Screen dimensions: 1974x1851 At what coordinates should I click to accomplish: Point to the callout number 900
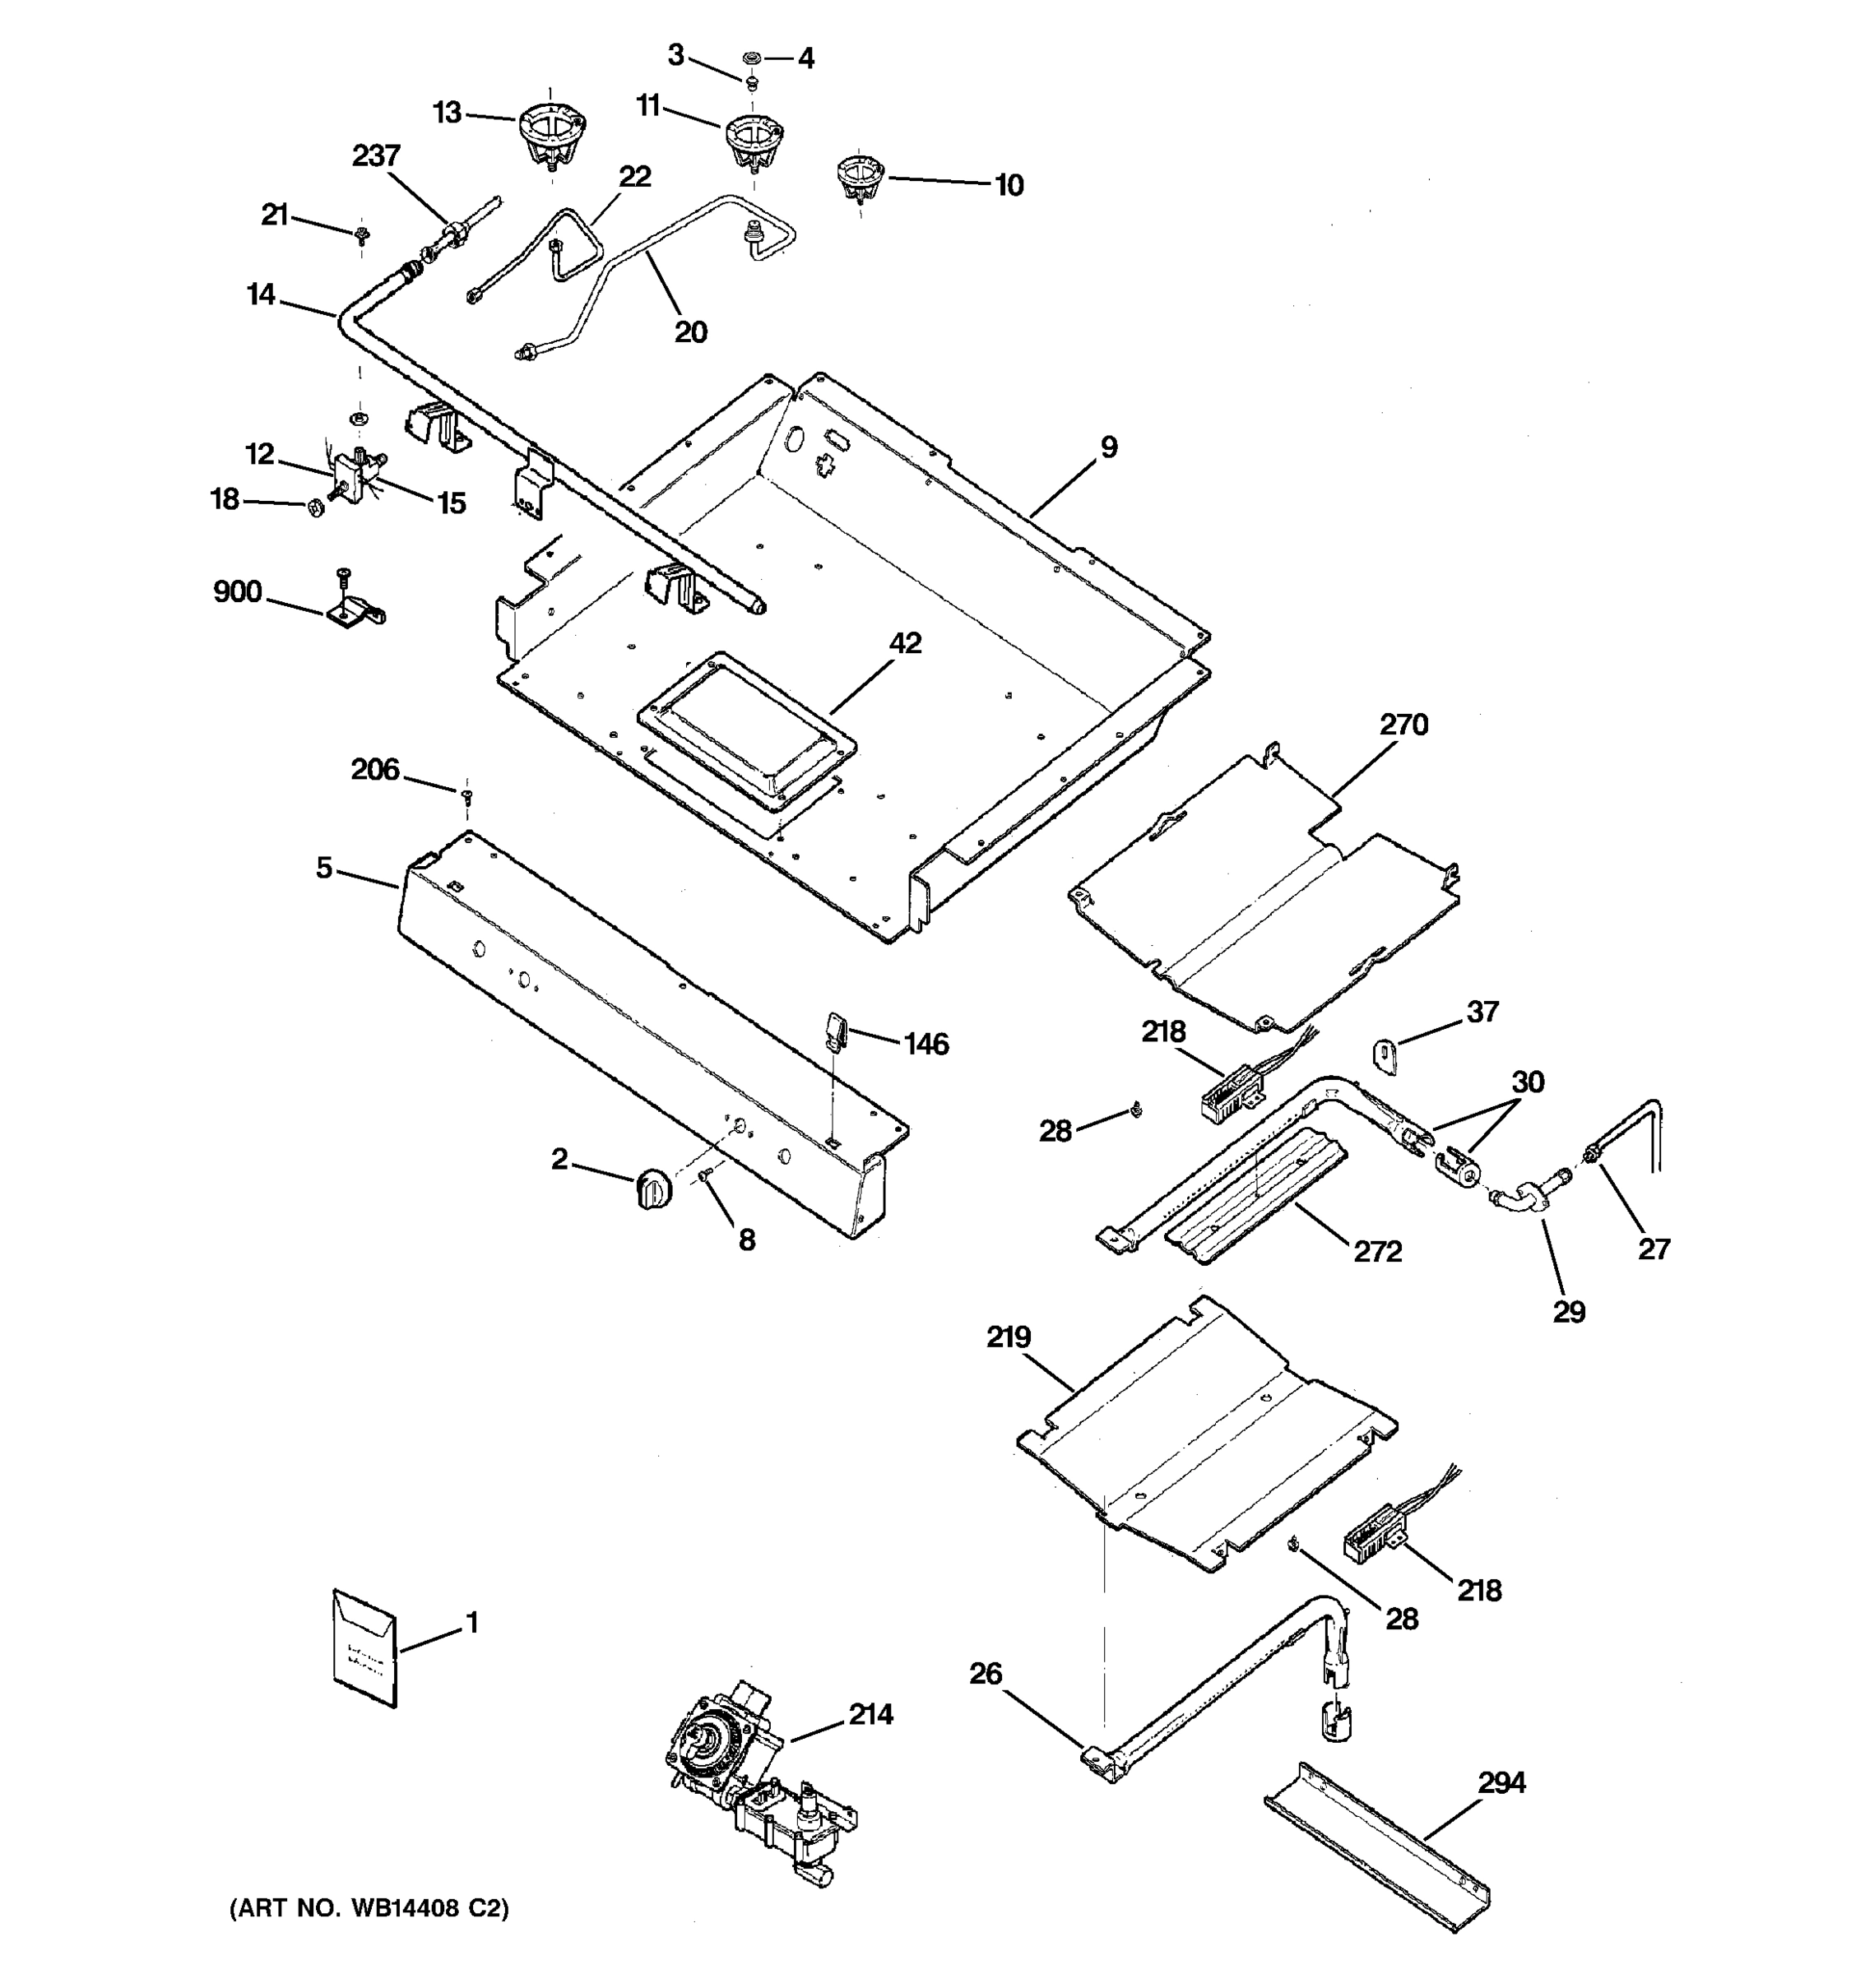pos(237,592)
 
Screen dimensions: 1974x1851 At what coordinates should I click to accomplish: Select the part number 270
pos(1403,724)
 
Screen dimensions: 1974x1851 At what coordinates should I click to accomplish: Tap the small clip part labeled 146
pos(834,1030)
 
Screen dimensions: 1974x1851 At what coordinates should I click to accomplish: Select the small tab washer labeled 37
pos(1386,1051)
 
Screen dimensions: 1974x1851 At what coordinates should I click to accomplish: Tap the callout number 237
pos(376,156)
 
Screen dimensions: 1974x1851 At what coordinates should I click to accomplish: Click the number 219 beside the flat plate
pos(1009,1337)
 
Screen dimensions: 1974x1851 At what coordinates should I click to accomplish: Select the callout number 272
pos(1377,1251)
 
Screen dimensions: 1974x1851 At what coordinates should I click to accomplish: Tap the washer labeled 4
pos(752,58)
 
